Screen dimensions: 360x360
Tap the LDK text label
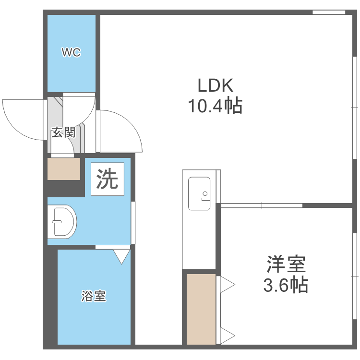point(215,85)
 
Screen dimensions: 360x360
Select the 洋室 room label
point(286,264)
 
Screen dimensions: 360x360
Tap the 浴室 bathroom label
point(94,296)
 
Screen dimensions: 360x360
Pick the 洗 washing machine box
point(108,179)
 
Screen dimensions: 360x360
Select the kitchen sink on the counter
point(199,193)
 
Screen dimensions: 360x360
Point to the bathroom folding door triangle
point(122,256)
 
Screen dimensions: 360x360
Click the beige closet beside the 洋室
point(201,309)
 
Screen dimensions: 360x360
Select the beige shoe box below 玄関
point(64,169)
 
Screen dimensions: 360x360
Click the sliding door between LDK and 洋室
point(262,205)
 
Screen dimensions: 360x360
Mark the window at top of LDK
point(329,12)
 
